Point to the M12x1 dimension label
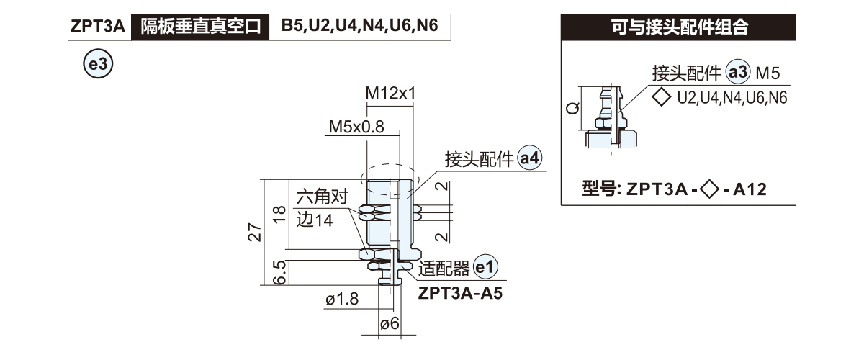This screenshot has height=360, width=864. click(x=391, y=94)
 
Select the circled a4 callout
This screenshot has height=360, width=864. click(x=530, y=158)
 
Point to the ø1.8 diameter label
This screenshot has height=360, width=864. click(x=341, y=299)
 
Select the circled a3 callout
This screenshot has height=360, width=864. click(x=739, y=73)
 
